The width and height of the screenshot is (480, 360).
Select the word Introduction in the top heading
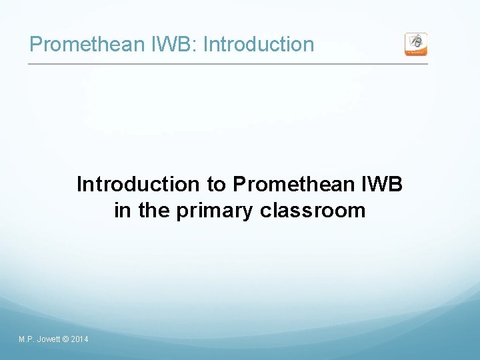coord(258,45)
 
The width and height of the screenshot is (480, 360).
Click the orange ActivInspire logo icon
coord(416,44)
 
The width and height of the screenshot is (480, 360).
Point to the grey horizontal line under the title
coord(227,64)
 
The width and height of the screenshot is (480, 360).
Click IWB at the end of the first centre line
coord(381,184)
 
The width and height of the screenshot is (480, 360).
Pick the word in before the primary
coord(123,211)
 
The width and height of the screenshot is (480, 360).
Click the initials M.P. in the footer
coord(27,340)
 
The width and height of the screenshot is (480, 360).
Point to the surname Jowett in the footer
coord(49,340)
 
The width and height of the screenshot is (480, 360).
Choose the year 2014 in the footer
coord(79,340)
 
